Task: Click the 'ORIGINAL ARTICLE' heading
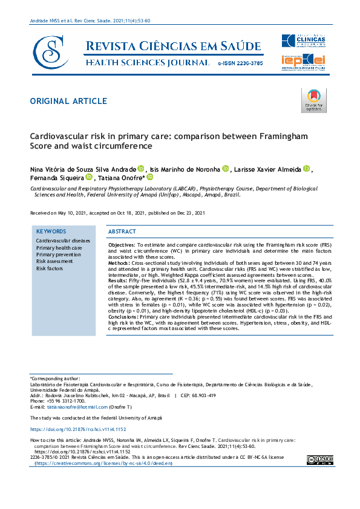coord(68,101)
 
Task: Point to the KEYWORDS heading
coord(51,232)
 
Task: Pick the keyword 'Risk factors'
coord(50,268)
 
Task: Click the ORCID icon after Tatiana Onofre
coord(149,177)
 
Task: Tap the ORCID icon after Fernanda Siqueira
coord(88,177)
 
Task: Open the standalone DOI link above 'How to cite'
coord(70,429)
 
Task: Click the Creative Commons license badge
coord(319,459)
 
